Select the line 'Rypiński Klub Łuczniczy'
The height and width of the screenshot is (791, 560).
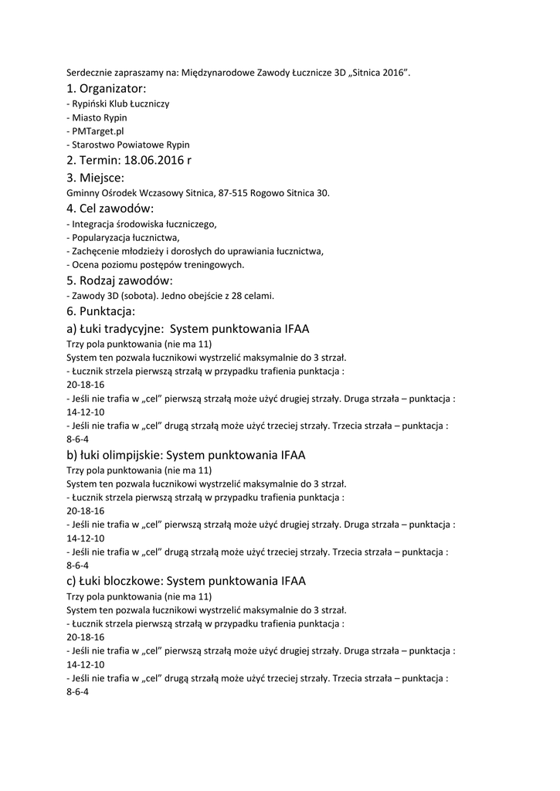click(120, 104)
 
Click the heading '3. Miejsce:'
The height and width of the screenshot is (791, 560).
click(95, 178)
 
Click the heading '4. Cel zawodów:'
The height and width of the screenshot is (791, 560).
click(110, 209)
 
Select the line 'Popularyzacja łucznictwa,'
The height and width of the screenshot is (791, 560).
click(125, 237)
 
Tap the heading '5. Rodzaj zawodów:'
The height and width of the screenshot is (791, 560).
click(120, 280)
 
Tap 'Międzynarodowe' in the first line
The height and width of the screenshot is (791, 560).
click(218, 73)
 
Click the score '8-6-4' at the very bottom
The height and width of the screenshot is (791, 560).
click(78, 691)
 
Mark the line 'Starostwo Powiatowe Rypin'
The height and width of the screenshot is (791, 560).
click(130, 144)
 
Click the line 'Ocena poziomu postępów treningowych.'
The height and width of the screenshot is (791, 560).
click(158, 264)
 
